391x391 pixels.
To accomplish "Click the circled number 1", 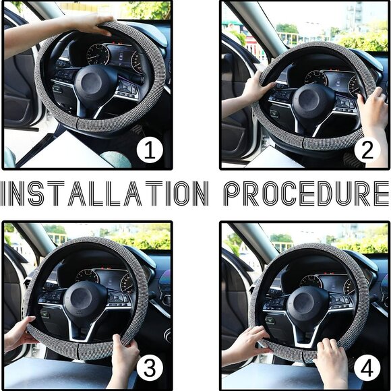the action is pos(150,150).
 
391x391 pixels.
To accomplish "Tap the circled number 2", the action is pos(367,150).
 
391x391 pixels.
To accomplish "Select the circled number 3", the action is pos(150,367).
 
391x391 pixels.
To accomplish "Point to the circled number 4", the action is pos(367,367).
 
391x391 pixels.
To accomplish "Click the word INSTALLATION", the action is pos(104,193).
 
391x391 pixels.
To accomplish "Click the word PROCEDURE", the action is pos(306,193).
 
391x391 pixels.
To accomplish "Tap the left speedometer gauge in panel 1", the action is pos(98,54).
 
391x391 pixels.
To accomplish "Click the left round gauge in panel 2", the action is pos(315,79).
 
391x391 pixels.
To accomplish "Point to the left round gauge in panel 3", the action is pos(87,276).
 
